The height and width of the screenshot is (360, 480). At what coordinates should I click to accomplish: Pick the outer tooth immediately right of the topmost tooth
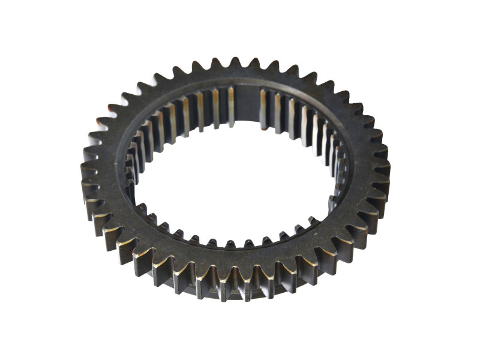tap(254, 64)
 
